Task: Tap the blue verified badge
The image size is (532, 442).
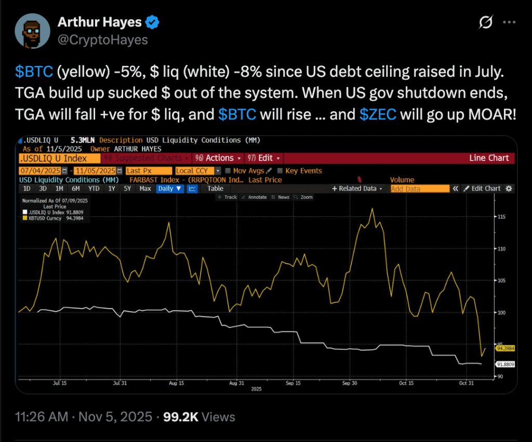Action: click(153, 22)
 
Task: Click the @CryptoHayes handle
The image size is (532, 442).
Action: click(102, 40)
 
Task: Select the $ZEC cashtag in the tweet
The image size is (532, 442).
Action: click(378, 114)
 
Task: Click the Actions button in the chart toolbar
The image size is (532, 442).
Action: click(218, 158)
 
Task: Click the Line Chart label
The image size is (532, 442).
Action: click(488, 158)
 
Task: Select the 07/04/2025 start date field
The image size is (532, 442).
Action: click(41, 171)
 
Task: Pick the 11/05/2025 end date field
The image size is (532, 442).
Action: click(94, 171)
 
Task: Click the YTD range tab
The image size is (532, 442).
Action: click(94, 189)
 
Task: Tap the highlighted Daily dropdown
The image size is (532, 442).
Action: click(170, 189)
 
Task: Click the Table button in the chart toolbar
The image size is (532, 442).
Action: click(215, 189)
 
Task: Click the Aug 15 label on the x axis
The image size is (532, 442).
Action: click(177, 383)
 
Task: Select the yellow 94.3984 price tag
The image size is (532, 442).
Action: click(505, 349)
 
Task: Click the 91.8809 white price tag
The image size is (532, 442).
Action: click(505, 365)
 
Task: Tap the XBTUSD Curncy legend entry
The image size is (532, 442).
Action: click(49, 218)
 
